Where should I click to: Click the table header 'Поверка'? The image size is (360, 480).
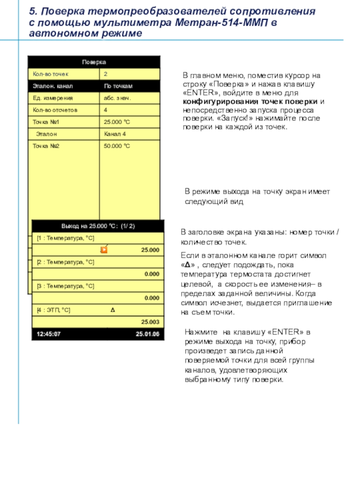(x=94, y=62)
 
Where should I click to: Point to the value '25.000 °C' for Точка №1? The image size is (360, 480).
(x=117, y=122)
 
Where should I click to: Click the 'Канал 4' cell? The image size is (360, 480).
(x=115, y=134)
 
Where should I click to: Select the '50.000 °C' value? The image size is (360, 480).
(x=117, y=146)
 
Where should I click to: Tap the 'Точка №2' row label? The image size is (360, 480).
(x=46, y=146)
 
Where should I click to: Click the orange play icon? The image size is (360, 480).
(x=104, y=250)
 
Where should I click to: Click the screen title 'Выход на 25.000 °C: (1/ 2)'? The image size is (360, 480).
(x=98, y=226)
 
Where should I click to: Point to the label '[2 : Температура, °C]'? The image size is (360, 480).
(x=65, y=262)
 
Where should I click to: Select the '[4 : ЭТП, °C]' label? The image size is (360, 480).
(x=54, y=310)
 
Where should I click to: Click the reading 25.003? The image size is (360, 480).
(x=150, y=322)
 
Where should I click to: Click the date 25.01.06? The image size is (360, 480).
(x=148, y=334)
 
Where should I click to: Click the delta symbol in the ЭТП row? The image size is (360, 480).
(x=112, y=310)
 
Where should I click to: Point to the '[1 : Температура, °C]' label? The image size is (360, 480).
(x=65, y=238)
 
